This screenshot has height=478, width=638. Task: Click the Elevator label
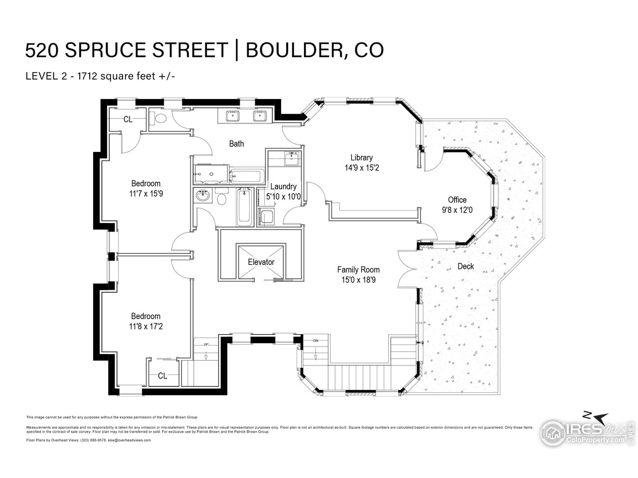click(261, 262)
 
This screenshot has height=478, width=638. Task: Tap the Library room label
click(361, 158)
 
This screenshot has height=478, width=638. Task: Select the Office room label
click(457, 200)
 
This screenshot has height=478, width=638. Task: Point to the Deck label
click(466, 266)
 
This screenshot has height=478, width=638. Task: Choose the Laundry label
click(284, 187)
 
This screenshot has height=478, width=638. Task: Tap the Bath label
click(236, 144)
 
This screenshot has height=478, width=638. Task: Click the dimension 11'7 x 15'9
click(146, 194)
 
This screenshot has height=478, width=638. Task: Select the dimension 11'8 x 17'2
click(146, 327)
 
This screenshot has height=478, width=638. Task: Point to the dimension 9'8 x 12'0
click(457, 211)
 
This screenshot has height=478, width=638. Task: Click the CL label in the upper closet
click(128, 119)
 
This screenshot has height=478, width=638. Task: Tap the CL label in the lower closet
click(162, 376)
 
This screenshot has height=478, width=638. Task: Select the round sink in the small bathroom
click(203, 196)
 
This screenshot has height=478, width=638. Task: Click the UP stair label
click(206, 344)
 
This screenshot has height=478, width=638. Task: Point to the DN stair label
click(316, 341)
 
